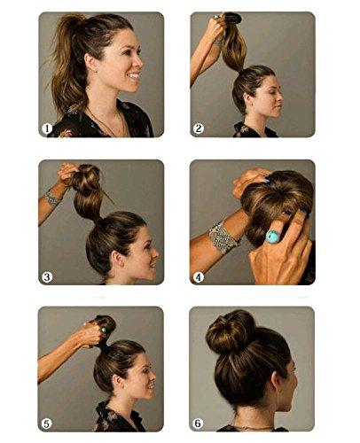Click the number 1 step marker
[x=47, y=128]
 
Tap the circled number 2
[x=199, y=128]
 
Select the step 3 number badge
[x=47, y=276]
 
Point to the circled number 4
[x=199, y=276]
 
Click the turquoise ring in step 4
[x=272, y=237]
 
